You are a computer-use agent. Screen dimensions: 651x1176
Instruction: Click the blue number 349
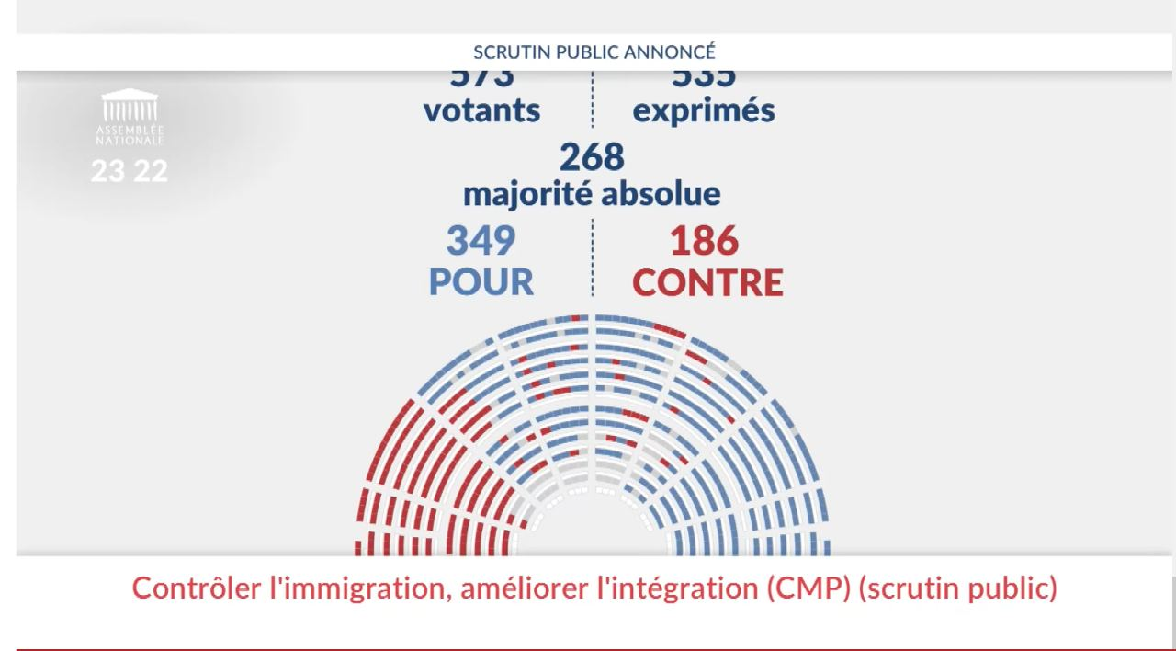coord(481,241)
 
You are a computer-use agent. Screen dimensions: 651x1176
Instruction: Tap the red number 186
coord(704,241)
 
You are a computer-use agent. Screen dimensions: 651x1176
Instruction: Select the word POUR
coord(481,282)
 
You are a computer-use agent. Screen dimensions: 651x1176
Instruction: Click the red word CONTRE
coord(708,282)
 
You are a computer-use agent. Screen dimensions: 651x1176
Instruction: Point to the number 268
coord(592,157)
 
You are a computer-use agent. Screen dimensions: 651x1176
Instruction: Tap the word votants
coord(481,110)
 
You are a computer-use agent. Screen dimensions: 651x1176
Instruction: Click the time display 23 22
coord(130,171)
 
